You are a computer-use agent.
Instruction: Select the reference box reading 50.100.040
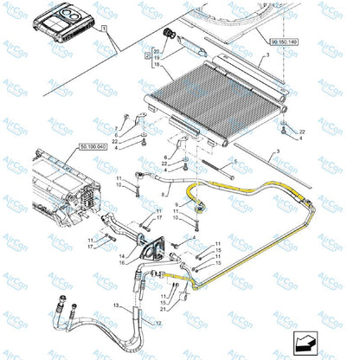tap(93, 147)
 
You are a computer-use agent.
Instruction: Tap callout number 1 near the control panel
tap(107, 29)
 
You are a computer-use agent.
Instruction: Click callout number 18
tap(157, 62)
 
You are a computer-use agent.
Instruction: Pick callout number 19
tap(157, 55)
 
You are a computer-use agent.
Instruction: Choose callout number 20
tap(157, 48)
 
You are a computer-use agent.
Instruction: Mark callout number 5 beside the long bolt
tap(233, 162)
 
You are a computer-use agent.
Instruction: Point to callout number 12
tap(157, 321)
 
